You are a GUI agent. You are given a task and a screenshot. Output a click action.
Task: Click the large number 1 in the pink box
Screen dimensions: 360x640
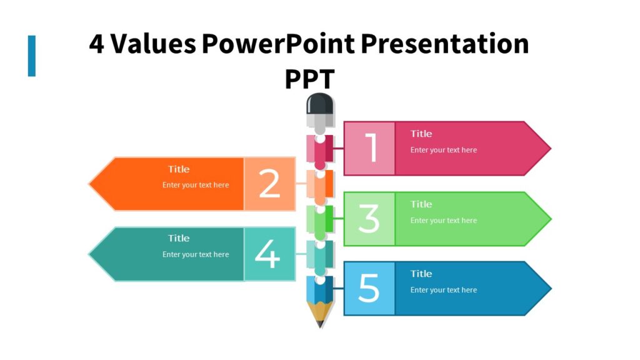click(x=371, y=148)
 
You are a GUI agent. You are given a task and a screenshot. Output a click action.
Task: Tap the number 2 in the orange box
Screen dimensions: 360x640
click(x=269, y=184)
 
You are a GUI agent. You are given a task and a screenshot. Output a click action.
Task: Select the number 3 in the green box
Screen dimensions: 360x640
click(x=369, y=219)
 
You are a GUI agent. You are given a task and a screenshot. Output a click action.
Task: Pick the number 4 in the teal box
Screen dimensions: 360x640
click(x=267, y=254)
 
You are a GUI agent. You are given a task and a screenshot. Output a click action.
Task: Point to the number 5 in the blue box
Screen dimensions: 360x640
click(x=369, y=288)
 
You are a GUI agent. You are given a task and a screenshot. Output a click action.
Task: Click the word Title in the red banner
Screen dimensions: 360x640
click(x=421, y=134)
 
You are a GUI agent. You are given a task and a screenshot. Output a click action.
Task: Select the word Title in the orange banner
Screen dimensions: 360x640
click(x=179, y=169)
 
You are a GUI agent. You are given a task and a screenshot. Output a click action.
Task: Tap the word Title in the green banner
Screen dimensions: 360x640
click(x=421, y=204)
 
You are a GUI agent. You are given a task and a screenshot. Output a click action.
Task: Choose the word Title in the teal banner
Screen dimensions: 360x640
click(x=179, y=238)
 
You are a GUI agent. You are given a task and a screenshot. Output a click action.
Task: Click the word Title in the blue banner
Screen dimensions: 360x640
click(x=421, y=274)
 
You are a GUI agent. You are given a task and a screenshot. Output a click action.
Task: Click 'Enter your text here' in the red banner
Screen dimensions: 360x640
click(x=443, y=150)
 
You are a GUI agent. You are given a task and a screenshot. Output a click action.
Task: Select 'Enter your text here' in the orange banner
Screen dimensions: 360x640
click(x=196, y=185)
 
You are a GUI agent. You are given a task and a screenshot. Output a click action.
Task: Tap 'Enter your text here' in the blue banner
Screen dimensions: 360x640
click(x=443, y=290)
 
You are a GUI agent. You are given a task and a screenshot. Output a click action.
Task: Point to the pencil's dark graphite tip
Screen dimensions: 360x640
click(x=320, y=323)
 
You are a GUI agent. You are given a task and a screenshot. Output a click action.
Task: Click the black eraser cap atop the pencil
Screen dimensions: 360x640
click(x=320, y=104)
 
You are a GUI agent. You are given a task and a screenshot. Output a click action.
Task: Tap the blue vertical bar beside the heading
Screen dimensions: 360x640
click(x=32, y=56)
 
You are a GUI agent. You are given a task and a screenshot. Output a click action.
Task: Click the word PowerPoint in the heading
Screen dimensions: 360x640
click(x=278, y=44)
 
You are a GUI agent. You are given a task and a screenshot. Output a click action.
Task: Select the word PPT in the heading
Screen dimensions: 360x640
click(x=309, y=79)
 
